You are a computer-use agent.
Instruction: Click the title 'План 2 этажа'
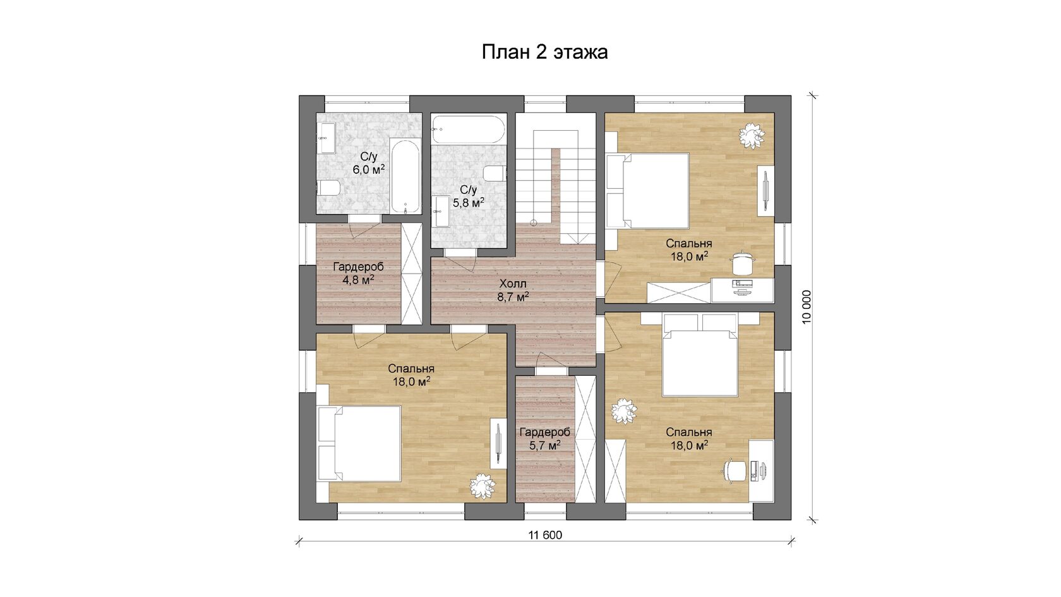tap(544, 52)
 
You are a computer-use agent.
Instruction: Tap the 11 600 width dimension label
tap(545, 536)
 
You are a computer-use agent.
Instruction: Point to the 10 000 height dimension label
tap(807, 307)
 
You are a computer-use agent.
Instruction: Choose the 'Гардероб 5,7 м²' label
tap(544, 438)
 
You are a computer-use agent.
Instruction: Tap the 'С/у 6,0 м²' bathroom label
tap(369, 164)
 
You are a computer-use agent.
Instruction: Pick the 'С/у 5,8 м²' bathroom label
tap(469, 196)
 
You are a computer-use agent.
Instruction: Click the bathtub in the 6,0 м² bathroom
tap(405, 176)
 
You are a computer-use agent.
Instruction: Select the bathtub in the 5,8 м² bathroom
tap(469, 130)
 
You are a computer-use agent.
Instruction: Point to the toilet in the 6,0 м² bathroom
tap(328, 188)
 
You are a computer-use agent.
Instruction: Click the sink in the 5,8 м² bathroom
tap(441, 212)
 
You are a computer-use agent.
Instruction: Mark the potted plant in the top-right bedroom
tap(752, 136)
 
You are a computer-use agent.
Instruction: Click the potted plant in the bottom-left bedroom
tap(483, 486)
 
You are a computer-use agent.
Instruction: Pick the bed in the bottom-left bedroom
tap(359, 443)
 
